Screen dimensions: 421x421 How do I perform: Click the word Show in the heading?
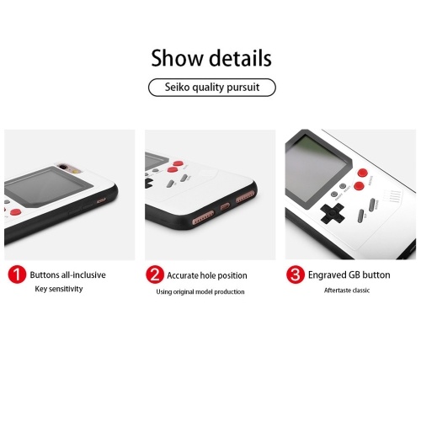click(177, 58)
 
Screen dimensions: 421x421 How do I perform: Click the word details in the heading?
click(241, 58)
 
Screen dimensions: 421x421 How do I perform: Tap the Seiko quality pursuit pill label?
click(212, 88)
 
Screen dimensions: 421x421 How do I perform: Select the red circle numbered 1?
click(17, 274)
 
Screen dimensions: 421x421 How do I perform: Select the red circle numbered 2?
click(155, 274)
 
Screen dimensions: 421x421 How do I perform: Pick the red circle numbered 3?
click(296, 274)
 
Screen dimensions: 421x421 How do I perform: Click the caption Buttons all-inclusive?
click(68, 274)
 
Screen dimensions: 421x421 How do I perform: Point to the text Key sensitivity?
click(59, 289)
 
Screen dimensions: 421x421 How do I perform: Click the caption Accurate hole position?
click(207, 275)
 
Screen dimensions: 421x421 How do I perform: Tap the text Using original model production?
click(200, 292)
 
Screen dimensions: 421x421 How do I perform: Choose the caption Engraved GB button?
click(349, 275)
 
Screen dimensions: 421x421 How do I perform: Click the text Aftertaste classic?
click(347, 290)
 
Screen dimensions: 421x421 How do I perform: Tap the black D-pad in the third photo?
click(333, 214)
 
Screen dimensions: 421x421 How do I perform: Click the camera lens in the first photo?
click(64, 168)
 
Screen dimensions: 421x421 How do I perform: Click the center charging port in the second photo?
click(225, 207)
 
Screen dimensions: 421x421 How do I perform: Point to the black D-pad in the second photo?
click(148, 182)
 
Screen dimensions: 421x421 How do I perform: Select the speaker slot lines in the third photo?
click(393, 196)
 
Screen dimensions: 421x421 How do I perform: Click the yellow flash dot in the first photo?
click(75, 171)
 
